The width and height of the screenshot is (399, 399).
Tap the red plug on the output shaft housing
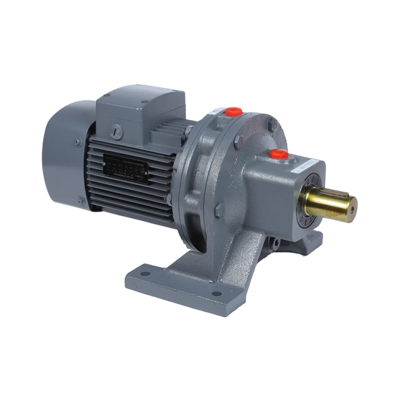click(279, 154)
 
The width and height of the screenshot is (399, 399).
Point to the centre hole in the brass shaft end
click(353, 207)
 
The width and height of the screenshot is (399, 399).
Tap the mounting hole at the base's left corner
click(145, 274)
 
